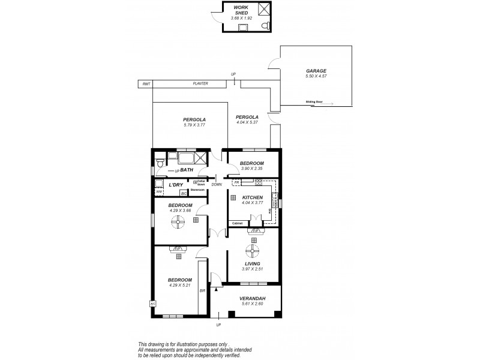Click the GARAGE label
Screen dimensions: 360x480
(316, 71)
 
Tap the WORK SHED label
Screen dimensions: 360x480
(241, 9)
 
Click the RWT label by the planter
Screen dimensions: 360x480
(146, 84)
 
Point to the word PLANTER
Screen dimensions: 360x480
(200, 84)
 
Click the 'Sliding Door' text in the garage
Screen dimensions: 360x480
(314, 102)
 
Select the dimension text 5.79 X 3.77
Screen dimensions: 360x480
(194, 125)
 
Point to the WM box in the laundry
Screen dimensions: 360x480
(158, 192)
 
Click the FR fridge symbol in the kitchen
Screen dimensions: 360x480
(236, 182)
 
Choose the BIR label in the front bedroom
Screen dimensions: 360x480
(202, 290)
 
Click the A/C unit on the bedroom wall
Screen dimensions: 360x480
(152, 304)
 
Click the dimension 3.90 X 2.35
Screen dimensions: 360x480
(252, 169)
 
